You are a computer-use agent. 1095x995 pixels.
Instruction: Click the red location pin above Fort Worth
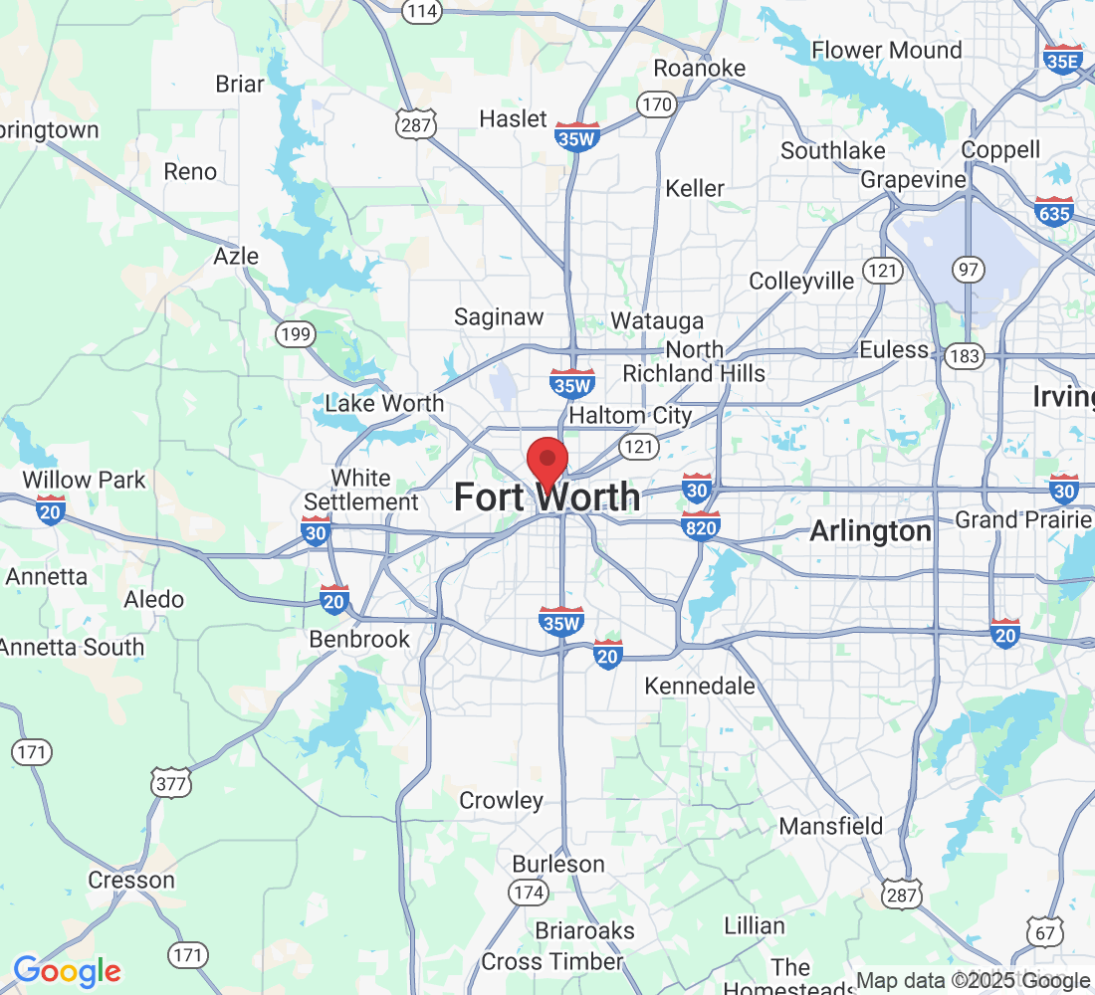pyautogui.click(x=547, y=461)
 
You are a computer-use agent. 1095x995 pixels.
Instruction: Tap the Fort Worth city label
pyautogui.click(x=547, y=497)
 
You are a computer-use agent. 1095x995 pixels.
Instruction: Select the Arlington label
pyautogui.click(x=870, y=531)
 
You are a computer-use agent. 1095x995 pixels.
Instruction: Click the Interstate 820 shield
pyautogui.click(x=701, y=524)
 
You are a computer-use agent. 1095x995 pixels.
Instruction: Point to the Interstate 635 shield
pyautogui.click(x=1053, y=211)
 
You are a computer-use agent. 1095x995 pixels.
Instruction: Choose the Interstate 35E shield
pyautogui.click(x=1063, y=59)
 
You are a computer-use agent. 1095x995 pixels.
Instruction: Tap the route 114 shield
pyautogui.click(x=422, y=11)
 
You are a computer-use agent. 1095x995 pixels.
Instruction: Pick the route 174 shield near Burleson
pyautogui.click(x=528, y=892)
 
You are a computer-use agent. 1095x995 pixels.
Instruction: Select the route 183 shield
pyautogui.click(x=966, y=355)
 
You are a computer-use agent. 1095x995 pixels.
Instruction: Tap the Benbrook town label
pyautogui.click(x=359, y=639)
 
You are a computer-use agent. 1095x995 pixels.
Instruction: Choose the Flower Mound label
pyautogui.click(x=887, y=50)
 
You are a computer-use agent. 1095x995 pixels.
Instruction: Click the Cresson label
pyautogui.click(x=131, y=880)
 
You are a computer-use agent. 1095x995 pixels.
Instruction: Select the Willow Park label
pyautogui.click(x=84, y=480)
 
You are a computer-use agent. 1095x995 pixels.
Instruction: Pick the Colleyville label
pyautogui.click(x=801, y=282)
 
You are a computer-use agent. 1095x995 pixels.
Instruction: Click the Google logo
pyautogui.click(x=67, y=970)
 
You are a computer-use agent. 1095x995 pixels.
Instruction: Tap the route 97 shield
pyautogui.click(x=967, y=269)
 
